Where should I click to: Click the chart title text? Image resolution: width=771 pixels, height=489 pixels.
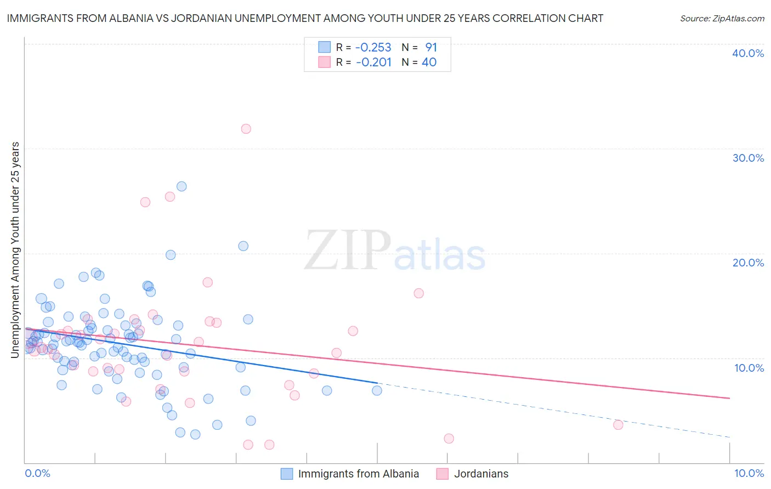[305, 18]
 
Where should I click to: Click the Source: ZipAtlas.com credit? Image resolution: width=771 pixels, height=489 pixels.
[722, 18]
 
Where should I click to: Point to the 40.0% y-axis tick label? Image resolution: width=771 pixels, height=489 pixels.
[748, 53]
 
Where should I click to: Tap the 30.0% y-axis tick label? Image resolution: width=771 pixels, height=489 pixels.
[748, 158]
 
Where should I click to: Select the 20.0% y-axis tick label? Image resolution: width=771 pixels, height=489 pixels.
[748, 263]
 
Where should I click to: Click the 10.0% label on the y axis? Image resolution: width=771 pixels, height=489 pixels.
[749, 368]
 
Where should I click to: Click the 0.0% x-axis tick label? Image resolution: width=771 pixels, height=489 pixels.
[37, 473]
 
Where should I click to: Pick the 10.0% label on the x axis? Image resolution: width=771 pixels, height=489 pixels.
[749, 473]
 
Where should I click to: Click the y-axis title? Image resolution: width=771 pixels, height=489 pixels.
[15, 250]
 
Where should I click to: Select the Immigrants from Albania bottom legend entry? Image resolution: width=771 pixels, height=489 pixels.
[358, 474]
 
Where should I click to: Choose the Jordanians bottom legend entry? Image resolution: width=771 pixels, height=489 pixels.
[481, 474]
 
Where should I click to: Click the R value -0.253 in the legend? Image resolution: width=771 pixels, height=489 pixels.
[373, 47]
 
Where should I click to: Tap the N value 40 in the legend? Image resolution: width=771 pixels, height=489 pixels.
[429, 62]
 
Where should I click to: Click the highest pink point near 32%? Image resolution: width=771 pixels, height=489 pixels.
[246, 129]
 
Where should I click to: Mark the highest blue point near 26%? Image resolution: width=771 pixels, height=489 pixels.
[182, 186]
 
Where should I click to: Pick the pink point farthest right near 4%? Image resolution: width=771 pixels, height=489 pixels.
[618, 425]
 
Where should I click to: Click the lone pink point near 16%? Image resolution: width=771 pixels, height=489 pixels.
[419, 293]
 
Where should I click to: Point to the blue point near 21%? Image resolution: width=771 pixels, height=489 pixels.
[243, 246]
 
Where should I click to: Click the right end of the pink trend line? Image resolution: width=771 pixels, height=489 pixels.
[729, 398]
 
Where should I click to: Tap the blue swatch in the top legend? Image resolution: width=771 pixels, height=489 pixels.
[325, 47]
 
